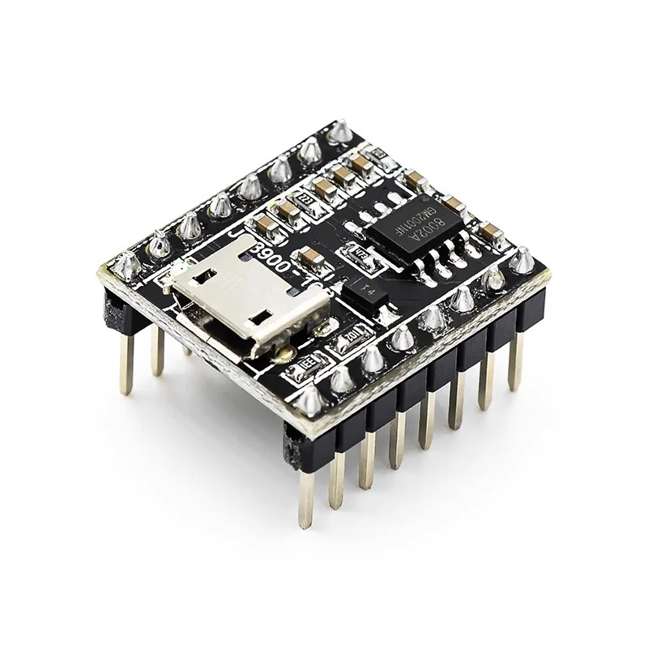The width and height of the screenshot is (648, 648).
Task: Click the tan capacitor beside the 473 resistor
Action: pos(310,258)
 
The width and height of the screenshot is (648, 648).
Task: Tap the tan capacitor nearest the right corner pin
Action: pos(489,233)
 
